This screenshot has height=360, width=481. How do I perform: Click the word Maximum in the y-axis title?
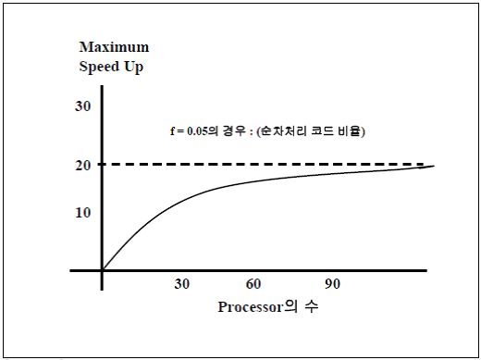(114, 46)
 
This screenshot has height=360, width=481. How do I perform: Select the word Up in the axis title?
(133, 67)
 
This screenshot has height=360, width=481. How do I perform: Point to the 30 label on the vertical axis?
(82, 106)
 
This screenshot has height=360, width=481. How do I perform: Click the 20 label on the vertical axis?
(82, 165)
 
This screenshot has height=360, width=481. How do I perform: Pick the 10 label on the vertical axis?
(82, 212)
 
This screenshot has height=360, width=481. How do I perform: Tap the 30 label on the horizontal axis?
(182, 283)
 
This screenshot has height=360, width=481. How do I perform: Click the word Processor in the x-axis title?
(251, 306)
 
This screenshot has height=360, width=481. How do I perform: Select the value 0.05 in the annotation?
(193, 130)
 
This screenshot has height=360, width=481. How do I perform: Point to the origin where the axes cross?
(103, 270)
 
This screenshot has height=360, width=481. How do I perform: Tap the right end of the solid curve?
(433, 167)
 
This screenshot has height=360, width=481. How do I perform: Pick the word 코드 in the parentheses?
(326, 130)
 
